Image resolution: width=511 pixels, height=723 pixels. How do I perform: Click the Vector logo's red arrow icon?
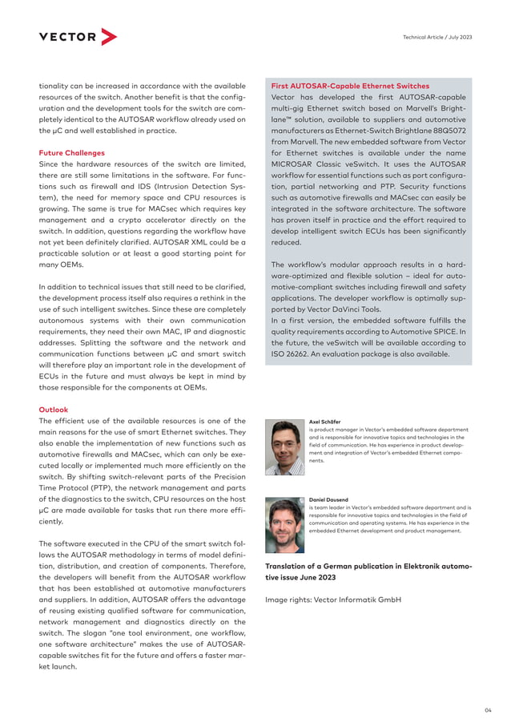[109, 37]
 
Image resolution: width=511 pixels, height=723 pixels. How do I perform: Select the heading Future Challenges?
[72, 152]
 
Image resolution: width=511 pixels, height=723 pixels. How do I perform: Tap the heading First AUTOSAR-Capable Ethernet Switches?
[350, 86]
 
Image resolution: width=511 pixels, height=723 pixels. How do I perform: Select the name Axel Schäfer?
[326, 421]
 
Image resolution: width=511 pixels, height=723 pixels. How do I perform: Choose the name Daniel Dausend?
[329, 499]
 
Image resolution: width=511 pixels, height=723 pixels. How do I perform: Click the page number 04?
[488, 709]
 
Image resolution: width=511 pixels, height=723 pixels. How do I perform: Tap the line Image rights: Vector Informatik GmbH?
[333, 599]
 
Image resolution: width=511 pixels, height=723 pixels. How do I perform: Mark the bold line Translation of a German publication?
[368, 566]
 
